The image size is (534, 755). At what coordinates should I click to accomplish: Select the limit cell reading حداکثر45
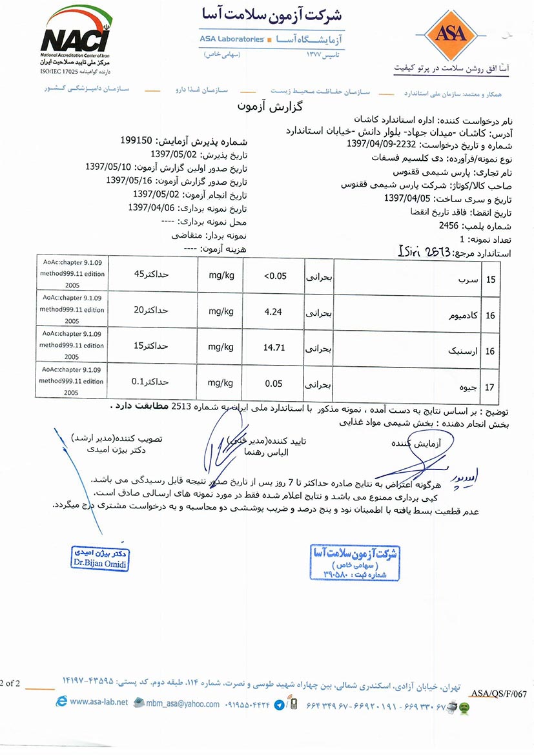[150, 273]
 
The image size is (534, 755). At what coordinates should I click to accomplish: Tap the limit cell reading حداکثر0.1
[150, 381]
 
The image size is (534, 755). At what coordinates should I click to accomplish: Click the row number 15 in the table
[490, 280]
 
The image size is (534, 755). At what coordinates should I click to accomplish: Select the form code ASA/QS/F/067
[502, 692]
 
